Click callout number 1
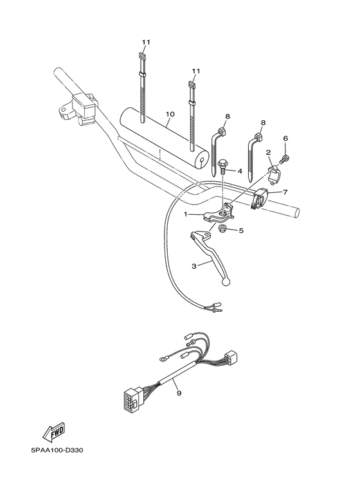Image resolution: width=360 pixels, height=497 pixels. point(185,214)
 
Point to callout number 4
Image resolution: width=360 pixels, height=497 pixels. point(239,171)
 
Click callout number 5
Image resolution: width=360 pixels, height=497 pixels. point(241,230)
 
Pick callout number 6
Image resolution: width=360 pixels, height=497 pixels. point(285,138)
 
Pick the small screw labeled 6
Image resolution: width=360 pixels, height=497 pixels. point(285,157)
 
